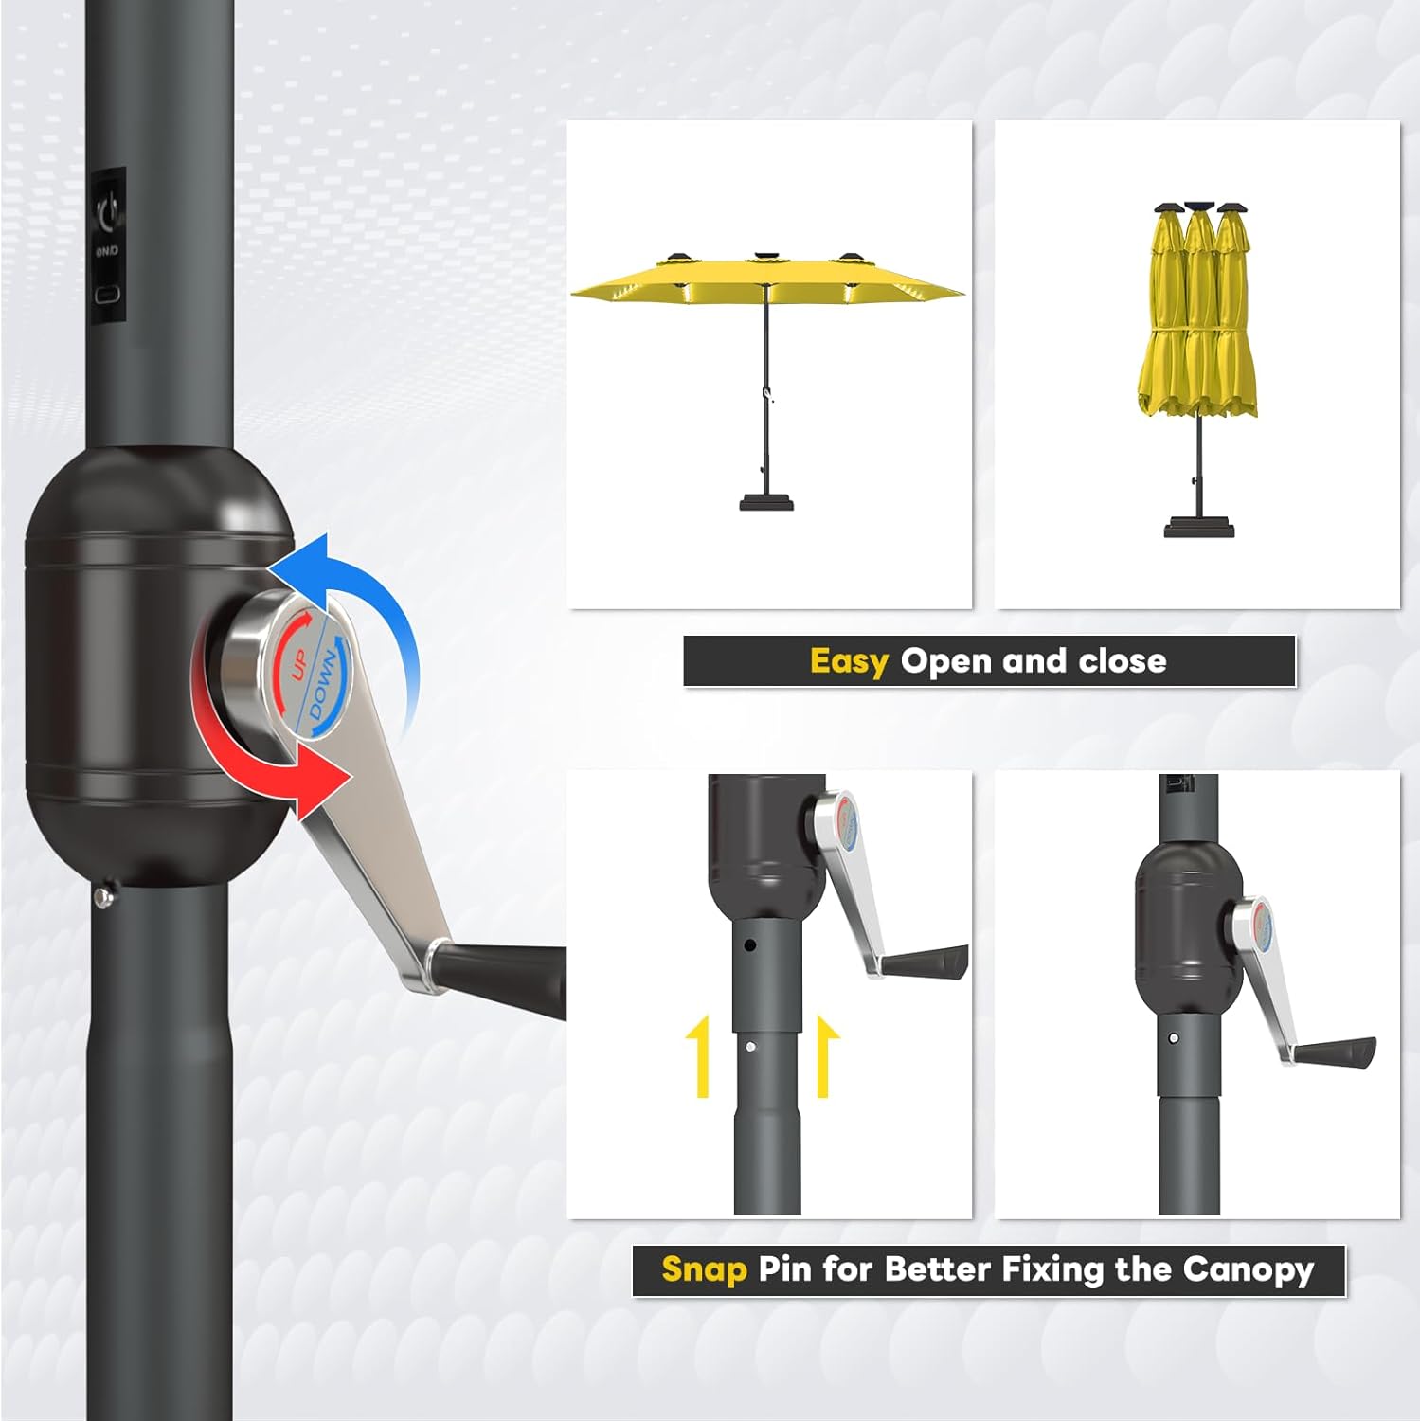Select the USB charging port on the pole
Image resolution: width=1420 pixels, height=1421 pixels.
(108, 293)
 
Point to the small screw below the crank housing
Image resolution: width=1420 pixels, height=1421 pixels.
(104, 896)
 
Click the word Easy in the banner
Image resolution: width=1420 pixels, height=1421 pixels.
(849, 661)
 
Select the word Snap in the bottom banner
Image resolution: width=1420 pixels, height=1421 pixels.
(704, 1268)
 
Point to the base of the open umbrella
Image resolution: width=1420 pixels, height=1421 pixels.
(766, 499)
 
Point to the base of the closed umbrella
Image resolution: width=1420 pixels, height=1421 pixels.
(1199, 525)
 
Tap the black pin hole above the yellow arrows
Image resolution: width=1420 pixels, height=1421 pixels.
(749, 944)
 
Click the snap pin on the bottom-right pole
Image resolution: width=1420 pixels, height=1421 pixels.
(1175, 1038)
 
